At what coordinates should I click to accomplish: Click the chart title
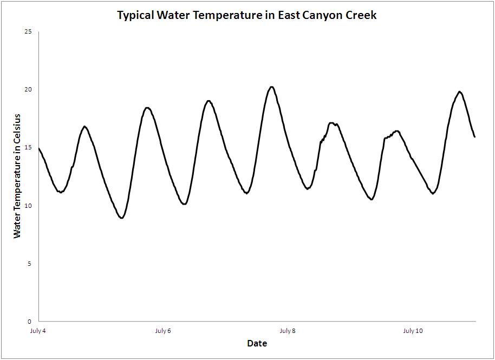pos(247,15)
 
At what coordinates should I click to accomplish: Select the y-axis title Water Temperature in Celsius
pos(17,176)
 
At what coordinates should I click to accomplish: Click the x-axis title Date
pos(257,343)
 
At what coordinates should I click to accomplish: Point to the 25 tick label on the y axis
pos(28,32)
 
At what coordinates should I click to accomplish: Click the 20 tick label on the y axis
pos(28,90)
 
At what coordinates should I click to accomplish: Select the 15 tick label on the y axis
pos(28,148)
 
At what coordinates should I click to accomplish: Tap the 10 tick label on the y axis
pos(28,206)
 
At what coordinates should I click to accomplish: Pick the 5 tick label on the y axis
pos(30,264)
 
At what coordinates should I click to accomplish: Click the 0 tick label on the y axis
pos(30,322)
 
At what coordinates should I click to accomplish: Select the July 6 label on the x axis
pos(163,331)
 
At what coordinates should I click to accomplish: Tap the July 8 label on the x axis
pos(288,331)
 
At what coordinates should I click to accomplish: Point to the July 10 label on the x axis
pos(413,331)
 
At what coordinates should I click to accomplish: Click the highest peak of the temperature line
pos(272,87)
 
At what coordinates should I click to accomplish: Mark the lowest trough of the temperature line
pos(122,218)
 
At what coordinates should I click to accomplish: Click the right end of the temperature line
pos(475,136)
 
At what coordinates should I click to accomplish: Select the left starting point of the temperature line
pos(39,148)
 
